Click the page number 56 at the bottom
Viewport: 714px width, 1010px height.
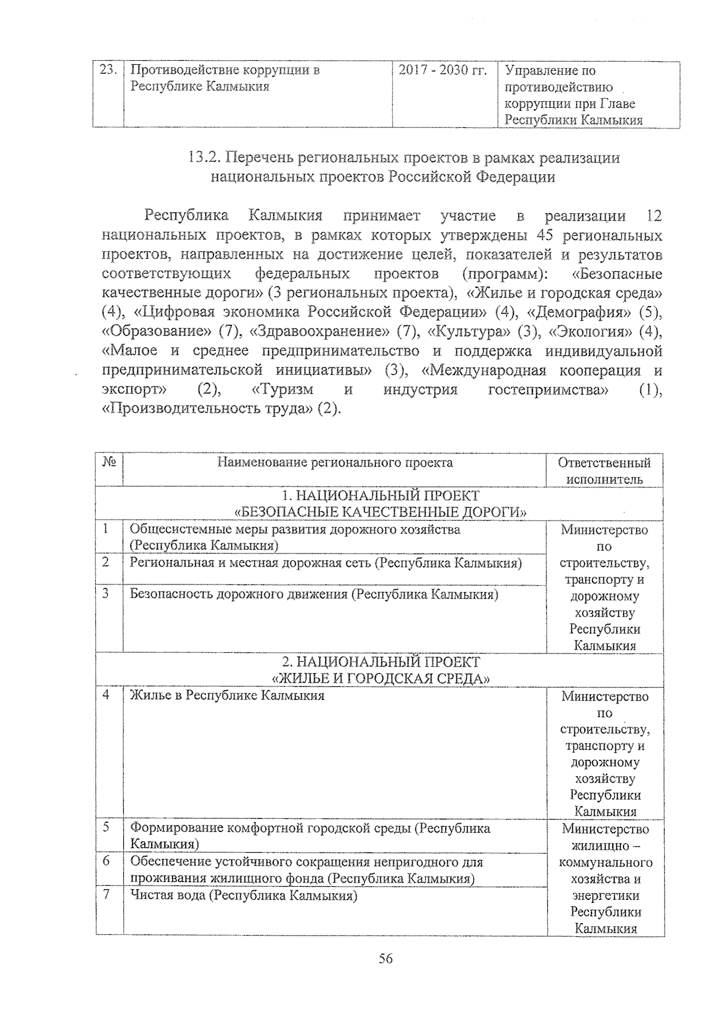click(386, 959)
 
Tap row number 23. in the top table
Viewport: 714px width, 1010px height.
click(107, 70)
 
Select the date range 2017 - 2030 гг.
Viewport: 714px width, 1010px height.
click(442, 70)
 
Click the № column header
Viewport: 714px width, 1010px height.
click(109, 463)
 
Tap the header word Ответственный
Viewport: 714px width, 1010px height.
click(605, 463)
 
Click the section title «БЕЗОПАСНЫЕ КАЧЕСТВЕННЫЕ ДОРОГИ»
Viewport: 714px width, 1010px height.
click(381, 512)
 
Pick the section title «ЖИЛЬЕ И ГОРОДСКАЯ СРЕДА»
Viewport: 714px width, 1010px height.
click(381, 678)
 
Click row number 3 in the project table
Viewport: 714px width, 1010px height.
click(105, 593)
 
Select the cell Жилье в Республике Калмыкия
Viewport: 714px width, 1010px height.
click(227, 695)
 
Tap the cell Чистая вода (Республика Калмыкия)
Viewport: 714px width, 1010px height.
click(243, 895)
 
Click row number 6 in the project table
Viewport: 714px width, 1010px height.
click(105, 861)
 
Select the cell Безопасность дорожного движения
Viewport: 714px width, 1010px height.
click(314, 594)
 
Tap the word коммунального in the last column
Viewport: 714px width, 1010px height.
click(606, 862)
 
